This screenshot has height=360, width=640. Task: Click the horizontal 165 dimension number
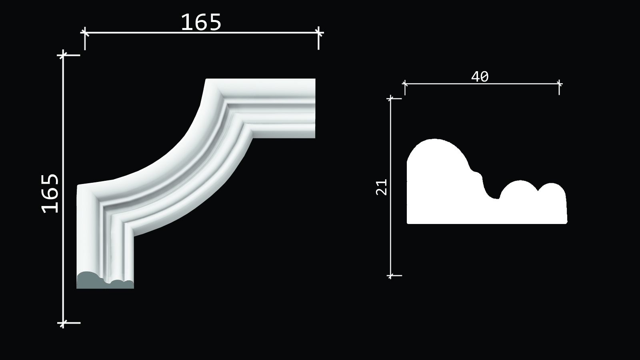coord(201,22)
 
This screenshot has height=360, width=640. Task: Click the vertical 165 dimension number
coord(50,194)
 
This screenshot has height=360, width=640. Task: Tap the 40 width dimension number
coord(480,76)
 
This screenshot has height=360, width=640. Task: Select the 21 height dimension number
coord(382,187)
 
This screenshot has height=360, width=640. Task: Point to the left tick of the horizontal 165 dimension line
coord(84,33)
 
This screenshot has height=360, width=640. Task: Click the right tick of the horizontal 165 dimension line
coord(318,33)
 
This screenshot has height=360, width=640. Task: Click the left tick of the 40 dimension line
coord(405,84)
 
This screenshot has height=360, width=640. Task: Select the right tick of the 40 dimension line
coord(559,84)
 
